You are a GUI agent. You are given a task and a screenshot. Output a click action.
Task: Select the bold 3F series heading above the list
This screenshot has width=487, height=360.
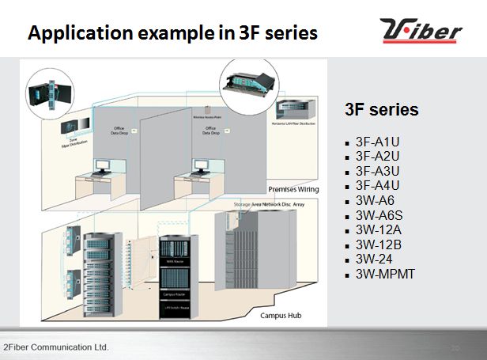[383, 109]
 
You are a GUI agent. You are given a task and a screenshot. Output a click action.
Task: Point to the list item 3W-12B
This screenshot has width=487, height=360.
[377, 244]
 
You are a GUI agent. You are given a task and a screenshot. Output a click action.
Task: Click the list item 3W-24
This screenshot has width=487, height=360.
[375, 259]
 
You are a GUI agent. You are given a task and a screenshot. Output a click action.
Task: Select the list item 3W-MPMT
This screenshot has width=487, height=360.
[385, 275]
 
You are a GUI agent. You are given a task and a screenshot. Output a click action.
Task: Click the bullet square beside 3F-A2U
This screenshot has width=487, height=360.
[348, 157]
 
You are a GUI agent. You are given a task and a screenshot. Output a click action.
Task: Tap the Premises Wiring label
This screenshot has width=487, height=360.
[293, 190]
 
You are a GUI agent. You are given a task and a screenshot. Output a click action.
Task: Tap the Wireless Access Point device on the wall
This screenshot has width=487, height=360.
[210, 109]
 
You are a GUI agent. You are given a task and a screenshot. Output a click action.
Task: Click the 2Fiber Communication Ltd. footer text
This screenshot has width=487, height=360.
[55, 347]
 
